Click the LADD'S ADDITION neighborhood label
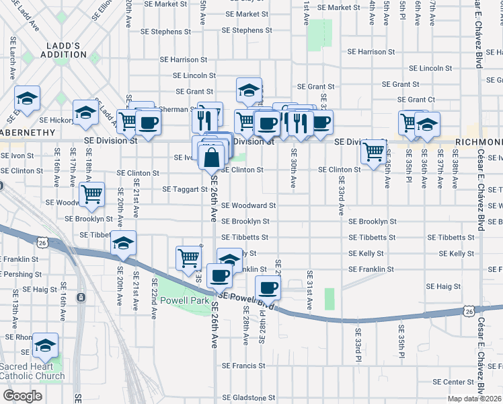tap(64, 50)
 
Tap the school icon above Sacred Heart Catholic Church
tap(45, 345)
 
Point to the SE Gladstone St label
tap(248, 398)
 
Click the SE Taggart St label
tap(185, 189)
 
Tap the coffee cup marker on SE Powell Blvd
tap(268, 288)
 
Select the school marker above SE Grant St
tap(249, 90)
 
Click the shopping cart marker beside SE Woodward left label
tap(91, 195)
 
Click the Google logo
tap(22, 396)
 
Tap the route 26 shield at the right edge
tap(469, 310)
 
